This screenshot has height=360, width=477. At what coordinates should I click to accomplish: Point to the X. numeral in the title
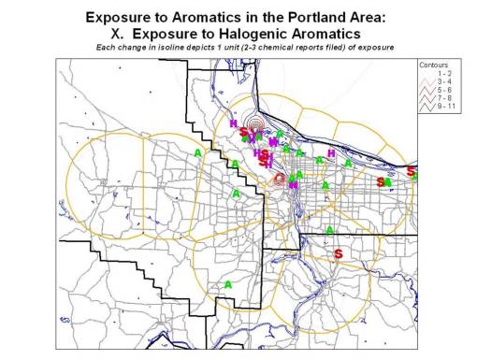[118, 34]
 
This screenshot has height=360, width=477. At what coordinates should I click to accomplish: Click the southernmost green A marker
[227, 284]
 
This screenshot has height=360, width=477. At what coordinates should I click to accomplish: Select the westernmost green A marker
[198, 151]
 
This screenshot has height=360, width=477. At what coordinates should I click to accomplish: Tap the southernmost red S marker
[339, 253]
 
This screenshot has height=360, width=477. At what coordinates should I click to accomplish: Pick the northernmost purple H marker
[232, 123]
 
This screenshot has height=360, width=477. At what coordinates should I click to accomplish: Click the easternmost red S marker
[412, 172]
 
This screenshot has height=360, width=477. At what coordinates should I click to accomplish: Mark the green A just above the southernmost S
[329, 230]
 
